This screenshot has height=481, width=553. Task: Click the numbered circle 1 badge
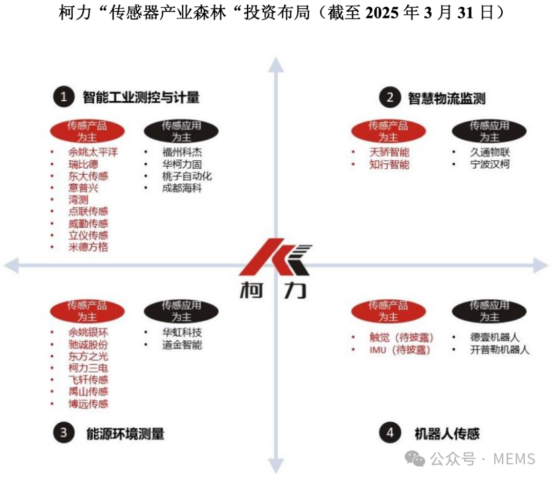[64, 97]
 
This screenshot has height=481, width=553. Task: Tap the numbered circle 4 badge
[390, 433]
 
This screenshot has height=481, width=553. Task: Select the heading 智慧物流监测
[446, 98]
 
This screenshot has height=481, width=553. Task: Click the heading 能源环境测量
[125, 433]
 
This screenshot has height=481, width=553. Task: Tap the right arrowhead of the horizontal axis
[540, 265]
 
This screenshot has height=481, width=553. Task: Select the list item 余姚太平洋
[93, 152]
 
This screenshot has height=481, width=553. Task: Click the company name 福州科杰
[182, 152]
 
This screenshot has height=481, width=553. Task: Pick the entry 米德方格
[88, 247]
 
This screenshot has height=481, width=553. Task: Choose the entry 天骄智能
[389, 152]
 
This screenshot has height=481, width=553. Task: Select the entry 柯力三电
[88, 368]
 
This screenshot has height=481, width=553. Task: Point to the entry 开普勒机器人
[500, 350]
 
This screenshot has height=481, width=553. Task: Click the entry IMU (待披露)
[400, 350]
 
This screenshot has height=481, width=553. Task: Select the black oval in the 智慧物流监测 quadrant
[489, 131]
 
